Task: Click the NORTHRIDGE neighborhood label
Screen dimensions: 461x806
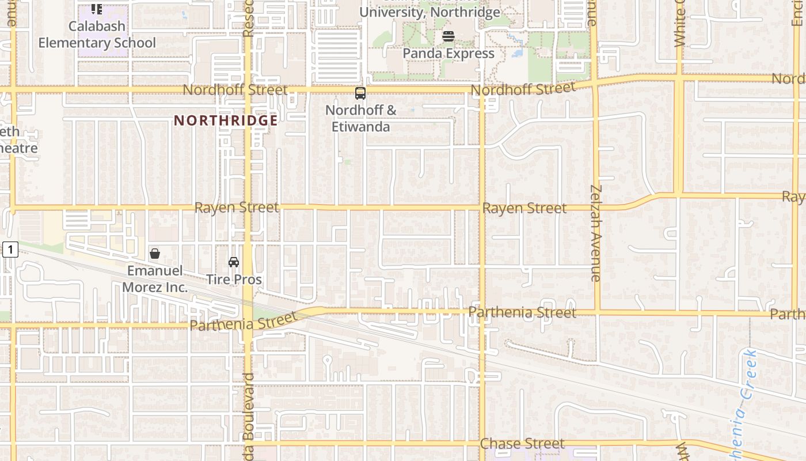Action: coord(226,120)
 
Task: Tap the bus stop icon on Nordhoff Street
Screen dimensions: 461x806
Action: coord(360,93)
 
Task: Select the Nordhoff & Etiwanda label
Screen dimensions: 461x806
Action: coord(361,118)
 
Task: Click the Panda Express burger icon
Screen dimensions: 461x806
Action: coord(448,36)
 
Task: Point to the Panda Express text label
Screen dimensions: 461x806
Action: coord(448,54)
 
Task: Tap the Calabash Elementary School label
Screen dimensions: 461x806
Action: coord(97,35)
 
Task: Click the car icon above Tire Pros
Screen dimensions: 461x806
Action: coord(234,262)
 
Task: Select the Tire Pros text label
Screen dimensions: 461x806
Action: coord(234,279)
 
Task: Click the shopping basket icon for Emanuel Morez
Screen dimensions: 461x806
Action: coord(155,254)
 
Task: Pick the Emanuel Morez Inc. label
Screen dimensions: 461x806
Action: coord(155,279)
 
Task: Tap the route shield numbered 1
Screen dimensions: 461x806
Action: coord(10,250)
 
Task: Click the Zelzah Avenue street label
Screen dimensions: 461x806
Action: coord(596,233)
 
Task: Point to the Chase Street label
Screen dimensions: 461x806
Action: coord(522,444)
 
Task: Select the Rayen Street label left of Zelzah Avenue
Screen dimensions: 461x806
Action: coord(524,208)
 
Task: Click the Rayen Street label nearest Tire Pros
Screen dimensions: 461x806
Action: coord(236,207)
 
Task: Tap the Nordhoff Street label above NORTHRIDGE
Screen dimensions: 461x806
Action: coord(235,90)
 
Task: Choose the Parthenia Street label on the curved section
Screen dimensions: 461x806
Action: coord(243,321)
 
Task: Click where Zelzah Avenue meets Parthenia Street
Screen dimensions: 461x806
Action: coord(597,313)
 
